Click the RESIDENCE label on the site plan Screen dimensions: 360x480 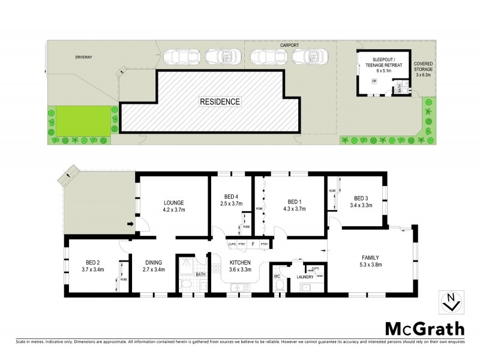tap(220, 101)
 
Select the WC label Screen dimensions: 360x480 tap(277, 277)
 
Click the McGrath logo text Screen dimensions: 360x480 tap(424, 328)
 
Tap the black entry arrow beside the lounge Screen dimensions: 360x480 tap(130, 225)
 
